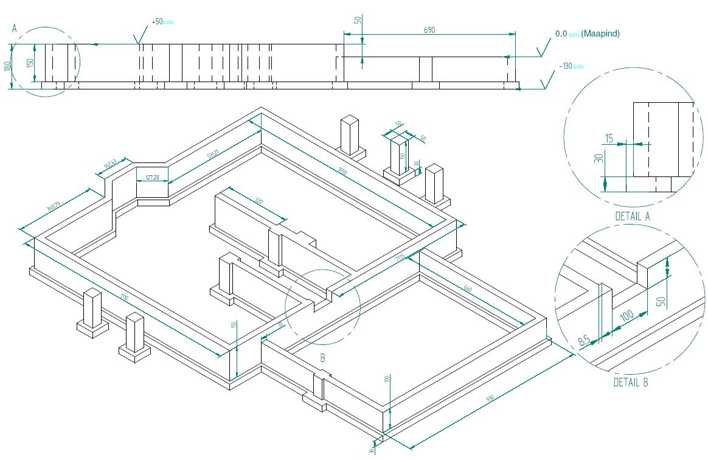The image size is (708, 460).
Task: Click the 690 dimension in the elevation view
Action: [x=429, y=30]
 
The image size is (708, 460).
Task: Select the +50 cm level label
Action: [x=162, y=22]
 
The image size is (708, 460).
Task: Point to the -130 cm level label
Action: [x=571, y=66]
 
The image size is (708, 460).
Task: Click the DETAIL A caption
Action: [x=633, y=216]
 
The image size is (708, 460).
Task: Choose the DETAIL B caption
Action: [x=630, y=383]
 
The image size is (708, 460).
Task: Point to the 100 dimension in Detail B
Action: [x=626, y=316]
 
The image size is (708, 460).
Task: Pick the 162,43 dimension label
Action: [x=110, y=164]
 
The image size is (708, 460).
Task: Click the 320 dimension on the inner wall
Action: [x=260, y=201]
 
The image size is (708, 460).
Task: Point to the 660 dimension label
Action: [x=467, y=288]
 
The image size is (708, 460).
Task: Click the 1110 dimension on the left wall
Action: [x=124, y=298]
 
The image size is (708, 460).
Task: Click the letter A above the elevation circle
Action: [x=14, y=28]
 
